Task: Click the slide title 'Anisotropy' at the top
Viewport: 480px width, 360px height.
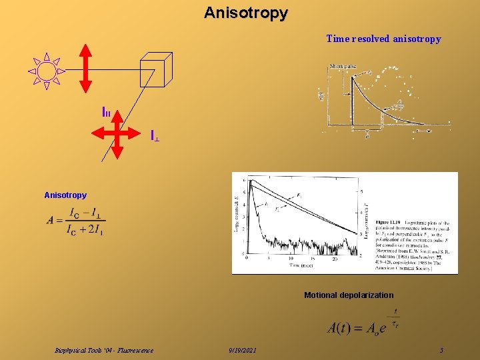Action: (246, 13)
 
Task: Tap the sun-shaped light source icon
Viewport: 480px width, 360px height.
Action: (47, 71)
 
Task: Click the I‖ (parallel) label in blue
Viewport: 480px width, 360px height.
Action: (106, 113)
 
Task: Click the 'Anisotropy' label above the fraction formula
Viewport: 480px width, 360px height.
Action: (65, 195)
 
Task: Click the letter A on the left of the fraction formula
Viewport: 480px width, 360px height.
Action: (51, 221)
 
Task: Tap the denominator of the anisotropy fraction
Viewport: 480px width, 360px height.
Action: (85, 231)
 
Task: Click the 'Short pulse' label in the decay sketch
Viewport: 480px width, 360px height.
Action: (343, 66)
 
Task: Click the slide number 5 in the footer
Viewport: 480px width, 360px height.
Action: (441, 351)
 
